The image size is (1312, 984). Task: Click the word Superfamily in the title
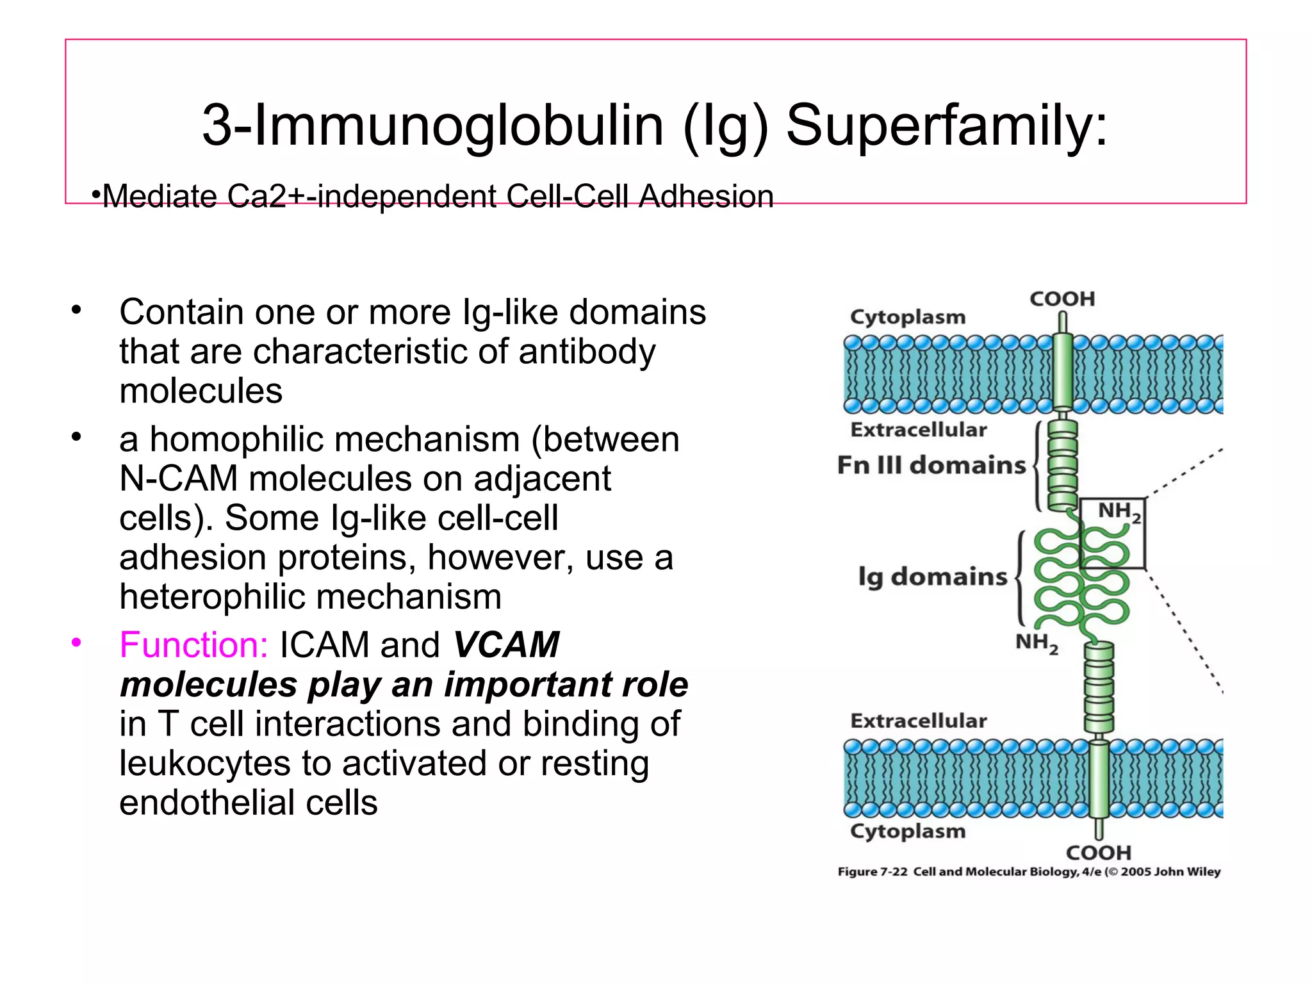[946, 126]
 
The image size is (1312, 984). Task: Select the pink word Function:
[193, 644]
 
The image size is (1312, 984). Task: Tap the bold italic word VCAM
[506, 644]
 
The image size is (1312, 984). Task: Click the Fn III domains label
[931, 465]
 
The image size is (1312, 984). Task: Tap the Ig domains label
[933, 577]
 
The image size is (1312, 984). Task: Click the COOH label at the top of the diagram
[1062, 299]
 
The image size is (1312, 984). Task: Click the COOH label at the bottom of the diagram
[1099, 853]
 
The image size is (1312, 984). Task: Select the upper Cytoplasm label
[907, 317]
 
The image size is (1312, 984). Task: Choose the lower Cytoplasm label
[907, 831]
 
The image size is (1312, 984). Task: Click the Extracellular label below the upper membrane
[919, 430]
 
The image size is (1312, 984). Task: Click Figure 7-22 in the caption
[873, 872]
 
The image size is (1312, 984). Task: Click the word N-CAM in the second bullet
[179, 479]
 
